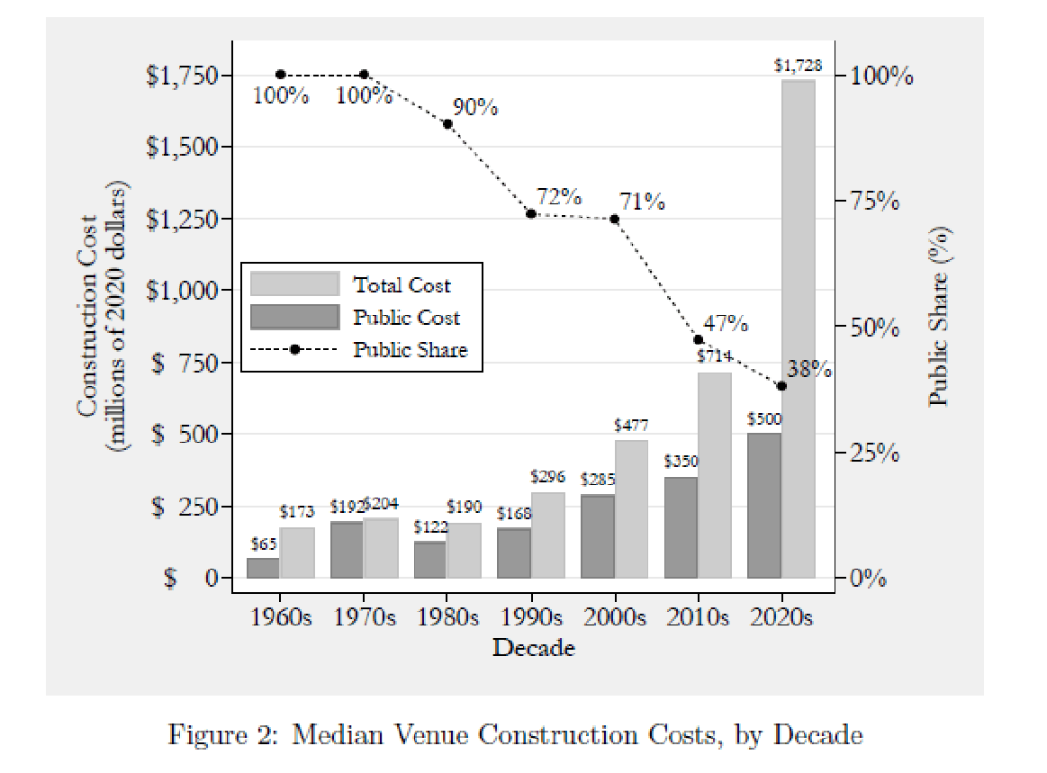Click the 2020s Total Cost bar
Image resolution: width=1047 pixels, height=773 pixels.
(x=798, y=328)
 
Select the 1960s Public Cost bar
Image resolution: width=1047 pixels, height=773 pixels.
(x=263, y=568)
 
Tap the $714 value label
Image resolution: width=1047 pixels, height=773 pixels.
(x=714, y=355)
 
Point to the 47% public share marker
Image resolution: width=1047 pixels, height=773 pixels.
(x=699, y=339)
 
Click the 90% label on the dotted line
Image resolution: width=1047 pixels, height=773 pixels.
(x=475, y=108)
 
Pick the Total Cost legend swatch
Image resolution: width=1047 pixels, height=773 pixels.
(x=295, y=284)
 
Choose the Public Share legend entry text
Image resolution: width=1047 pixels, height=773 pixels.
(x=411, y=350)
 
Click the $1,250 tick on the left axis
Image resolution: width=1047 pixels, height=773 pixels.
(x=182, y=219)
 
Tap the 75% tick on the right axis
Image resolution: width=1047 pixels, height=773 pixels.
(x=875, y=201)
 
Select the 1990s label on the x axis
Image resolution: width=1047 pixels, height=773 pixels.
(x=531, y=618)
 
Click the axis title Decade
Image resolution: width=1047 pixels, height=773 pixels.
(x=533, y=647)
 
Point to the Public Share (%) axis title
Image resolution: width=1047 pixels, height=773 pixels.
(x=939, y=315)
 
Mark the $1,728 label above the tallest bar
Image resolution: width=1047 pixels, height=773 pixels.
(x=798, y=66)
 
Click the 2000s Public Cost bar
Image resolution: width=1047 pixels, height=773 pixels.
(x=598, y=535)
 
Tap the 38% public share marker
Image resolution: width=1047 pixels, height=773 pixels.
(x=781, y=386)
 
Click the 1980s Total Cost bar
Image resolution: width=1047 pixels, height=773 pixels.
(x=465, y=550)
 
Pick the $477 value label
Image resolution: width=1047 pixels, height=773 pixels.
(x=630, y=425)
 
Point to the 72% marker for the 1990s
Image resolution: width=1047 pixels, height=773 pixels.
(x=531, y=214)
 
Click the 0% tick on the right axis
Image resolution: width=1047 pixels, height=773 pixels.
(x=870, y=579)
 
